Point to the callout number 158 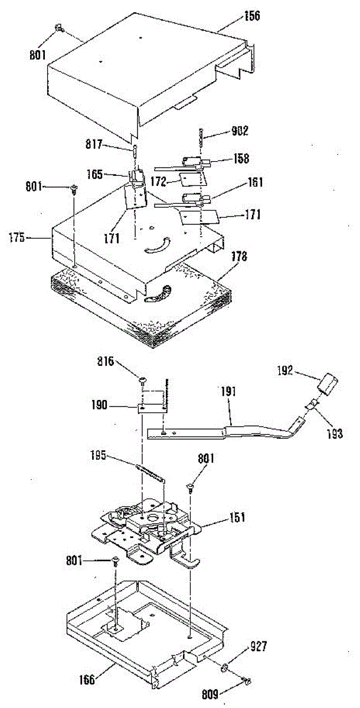[x=241, y=158]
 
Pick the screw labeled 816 [x=142, y=379]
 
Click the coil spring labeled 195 [x=149, y=474]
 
